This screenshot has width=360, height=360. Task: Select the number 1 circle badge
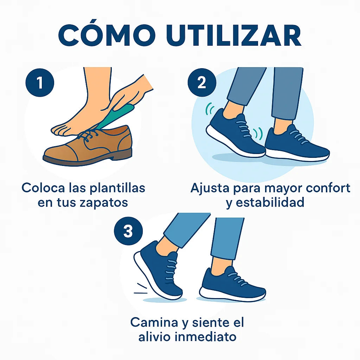40,82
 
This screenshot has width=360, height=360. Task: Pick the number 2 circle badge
202,82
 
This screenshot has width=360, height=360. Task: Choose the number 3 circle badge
128,231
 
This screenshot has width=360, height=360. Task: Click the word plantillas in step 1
117,188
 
